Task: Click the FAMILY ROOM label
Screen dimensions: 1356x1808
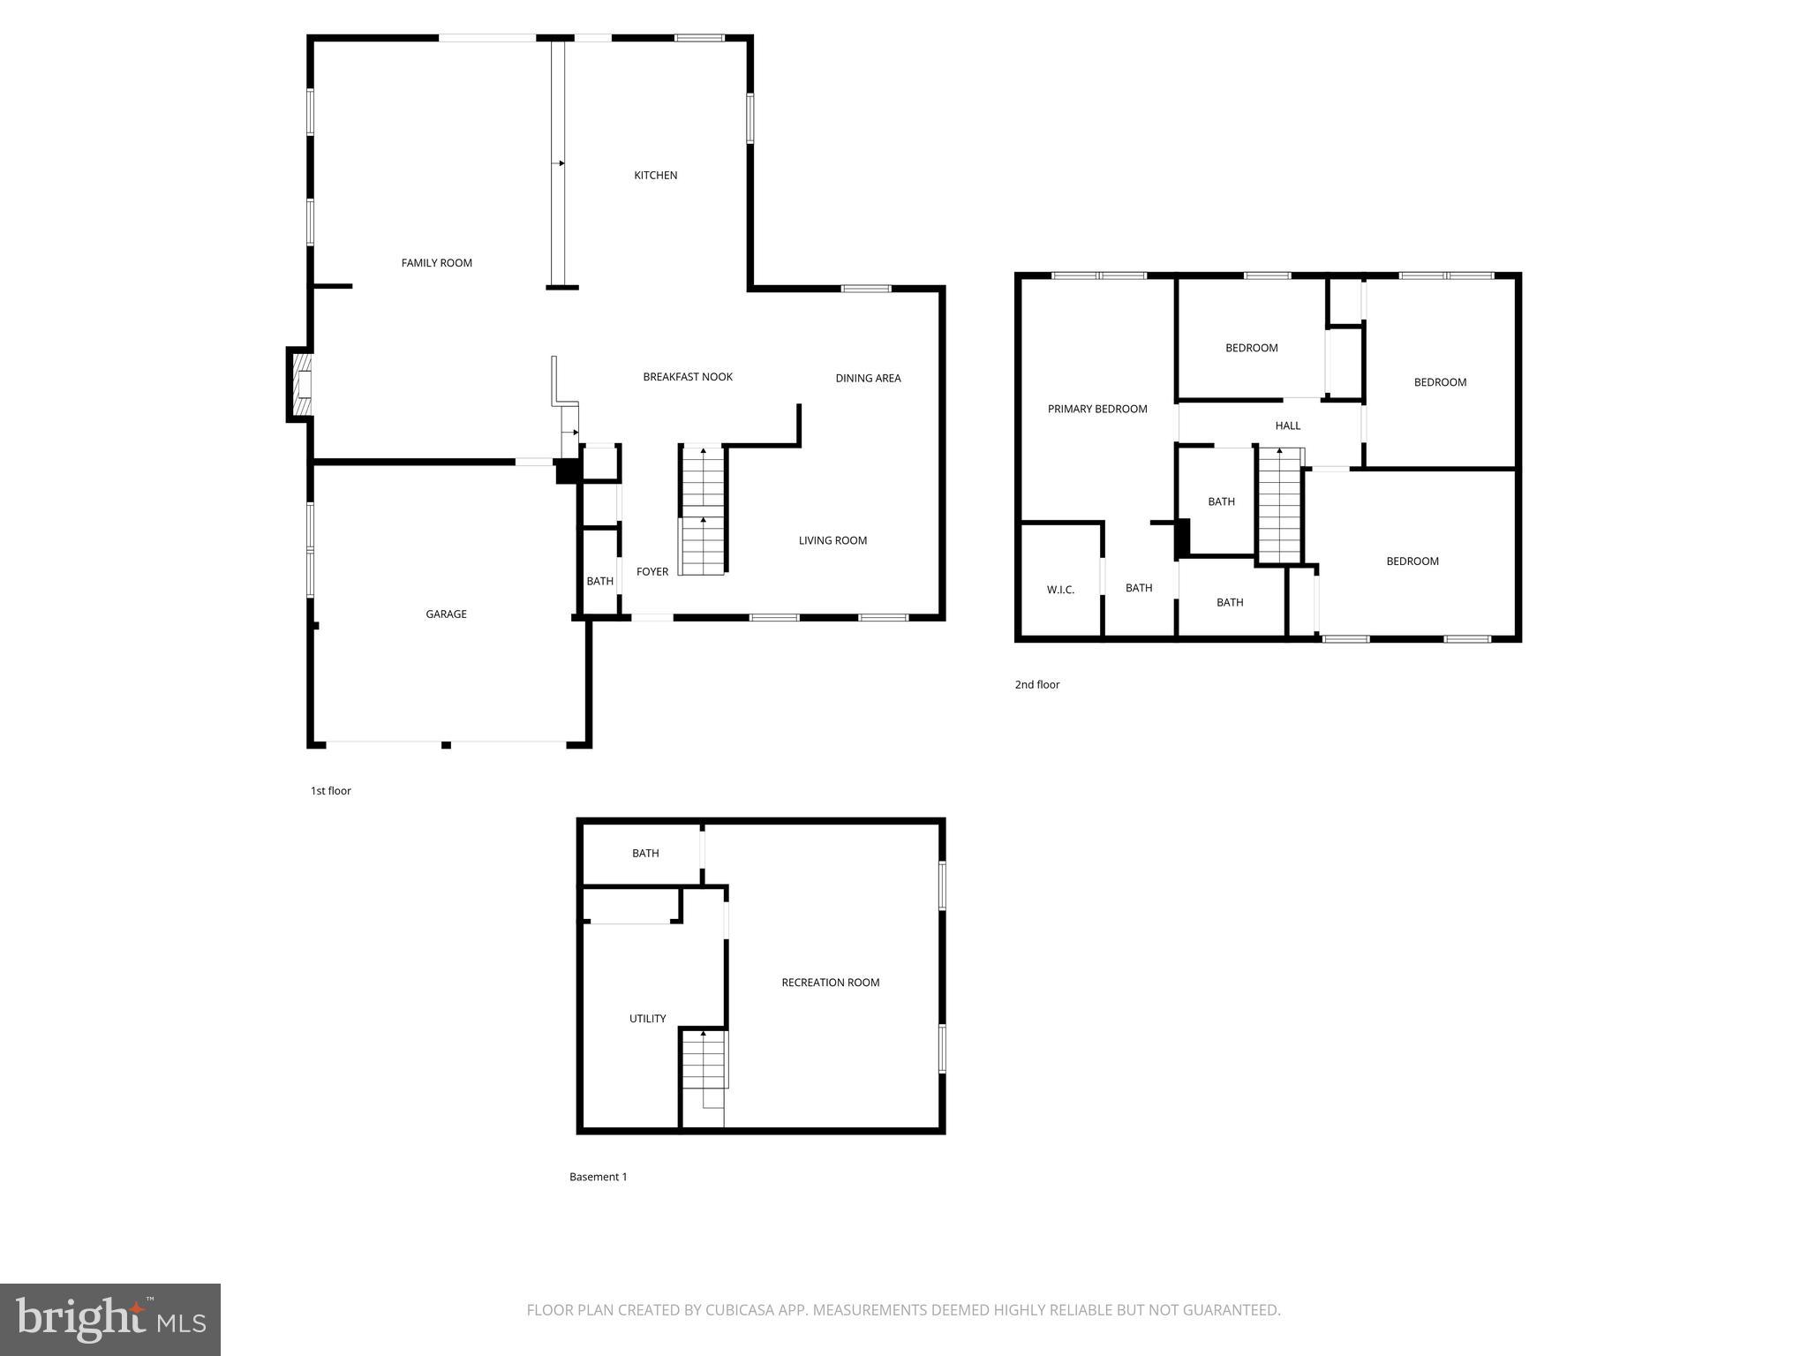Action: pos(436,263)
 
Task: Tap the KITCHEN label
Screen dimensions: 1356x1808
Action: pos(655,176)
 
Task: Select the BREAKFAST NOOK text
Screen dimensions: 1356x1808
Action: pos(688,377)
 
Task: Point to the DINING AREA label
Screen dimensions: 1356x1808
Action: pos(868,379)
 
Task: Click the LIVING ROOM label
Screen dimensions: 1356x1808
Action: pos(832,541)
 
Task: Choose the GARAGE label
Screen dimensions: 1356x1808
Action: pos(446,614)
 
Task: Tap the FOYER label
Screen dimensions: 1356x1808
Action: pos(652,572)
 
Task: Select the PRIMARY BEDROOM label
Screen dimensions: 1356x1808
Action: pos(1097,410)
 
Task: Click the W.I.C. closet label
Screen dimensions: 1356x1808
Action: pos(1060,590)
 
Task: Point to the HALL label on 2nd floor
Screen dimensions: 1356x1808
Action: pos(1287,426)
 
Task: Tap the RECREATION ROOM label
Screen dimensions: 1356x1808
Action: pos(830,983)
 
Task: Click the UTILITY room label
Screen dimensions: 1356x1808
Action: pos(647,1019)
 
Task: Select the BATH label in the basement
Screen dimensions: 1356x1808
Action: pos(645,854)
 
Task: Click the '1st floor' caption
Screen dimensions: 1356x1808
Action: pos(330,791)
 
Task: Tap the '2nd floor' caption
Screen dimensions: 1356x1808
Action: pos(1036,685)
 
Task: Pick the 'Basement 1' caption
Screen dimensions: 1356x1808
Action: pos(598,1177)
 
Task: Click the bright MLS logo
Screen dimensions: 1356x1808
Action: pos(110,1320)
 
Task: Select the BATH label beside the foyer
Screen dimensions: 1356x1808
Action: pos(599,582)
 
